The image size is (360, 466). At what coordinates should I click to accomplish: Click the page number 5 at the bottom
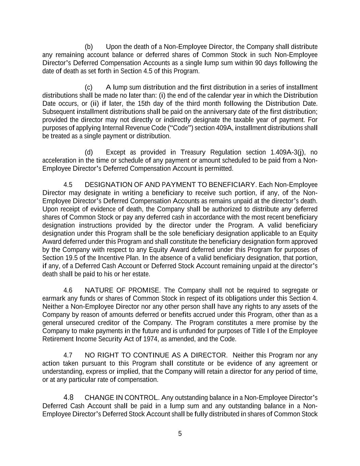coord(180,434)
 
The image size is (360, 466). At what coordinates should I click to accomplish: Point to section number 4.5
coord(68,185)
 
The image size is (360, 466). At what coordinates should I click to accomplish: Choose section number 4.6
coord(68,291)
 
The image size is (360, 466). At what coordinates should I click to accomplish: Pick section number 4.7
coord(68,355)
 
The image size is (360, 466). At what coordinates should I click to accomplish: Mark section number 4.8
coord(68,398)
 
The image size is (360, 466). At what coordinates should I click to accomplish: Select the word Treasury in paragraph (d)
coord(194,152)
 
